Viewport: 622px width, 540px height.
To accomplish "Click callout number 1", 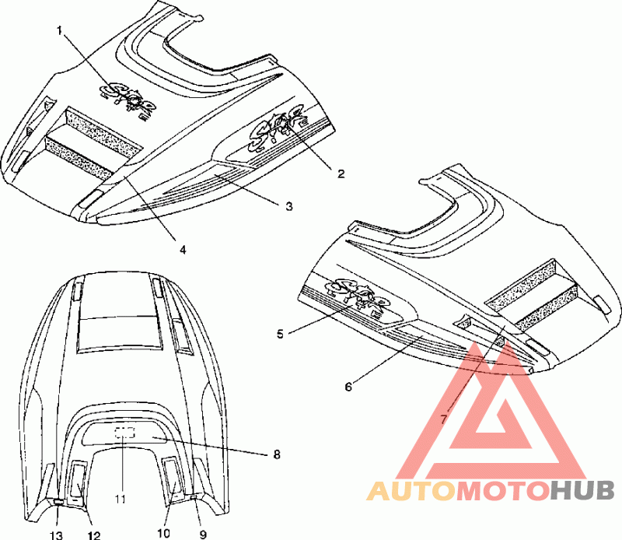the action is (x=59, y=30).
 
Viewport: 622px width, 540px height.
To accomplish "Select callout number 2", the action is (x=341, y=174).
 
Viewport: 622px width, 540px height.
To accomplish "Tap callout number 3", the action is (x=288, y=206).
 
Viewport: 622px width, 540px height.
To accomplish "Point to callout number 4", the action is (x=183, y=250).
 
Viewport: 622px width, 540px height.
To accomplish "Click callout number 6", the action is (x=348, y=385).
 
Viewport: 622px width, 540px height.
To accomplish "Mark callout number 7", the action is (x=444, y=419).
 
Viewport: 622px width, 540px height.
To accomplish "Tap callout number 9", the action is (x=203, y=535).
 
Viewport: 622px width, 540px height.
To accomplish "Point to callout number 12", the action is (x=93, y=535).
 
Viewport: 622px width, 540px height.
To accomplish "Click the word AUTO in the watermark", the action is (x=410, y=491).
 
